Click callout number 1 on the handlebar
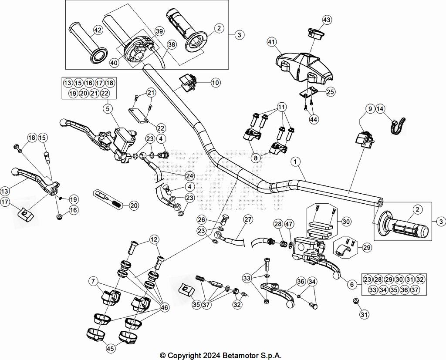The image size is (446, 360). point(296,162)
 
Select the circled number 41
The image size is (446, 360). point(272,42)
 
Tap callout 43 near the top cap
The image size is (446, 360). point(327,20)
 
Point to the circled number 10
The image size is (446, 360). point(216,82)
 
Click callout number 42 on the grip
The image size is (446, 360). point(98,30)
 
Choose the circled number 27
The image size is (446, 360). point(248,219)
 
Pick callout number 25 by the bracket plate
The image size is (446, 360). point(331,91)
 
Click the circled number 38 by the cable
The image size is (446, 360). point(172,44)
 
